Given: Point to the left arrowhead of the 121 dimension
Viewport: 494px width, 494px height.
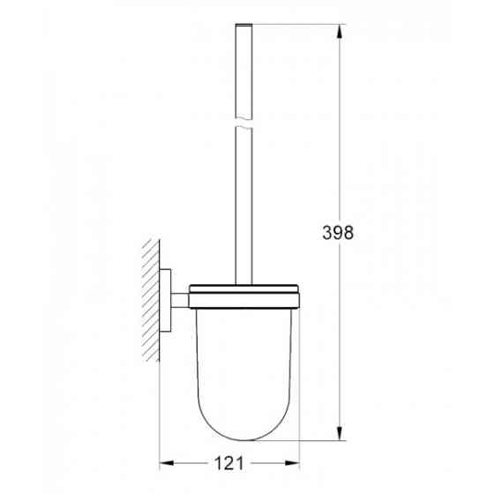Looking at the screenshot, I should [x=165, y=462].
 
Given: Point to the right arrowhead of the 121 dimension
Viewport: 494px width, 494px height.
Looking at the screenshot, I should [x=297, y=462].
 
